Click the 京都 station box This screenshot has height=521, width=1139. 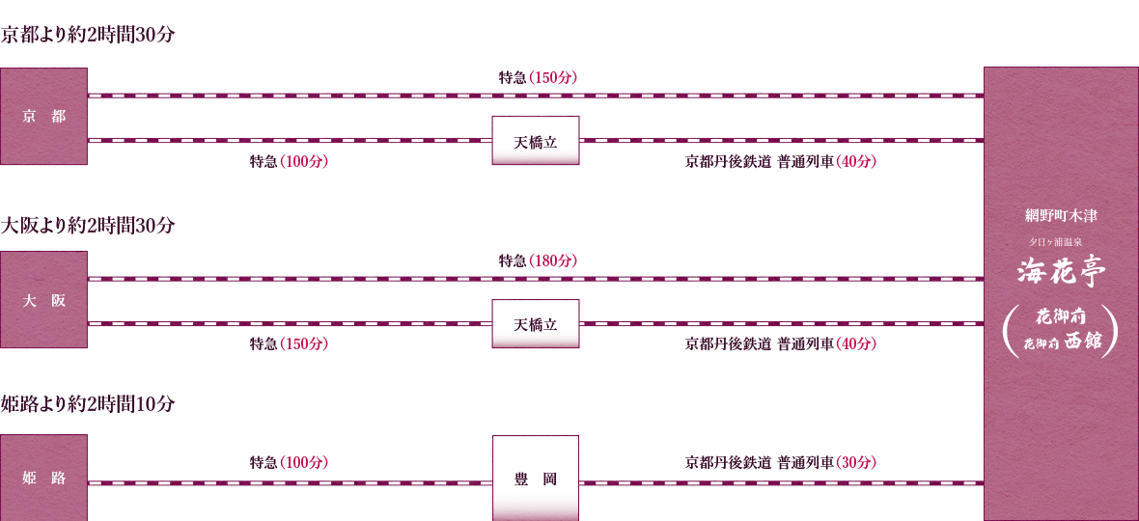click(43, 116)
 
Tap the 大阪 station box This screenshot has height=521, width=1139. click(43, 300)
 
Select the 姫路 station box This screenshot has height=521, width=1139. click(43, 478)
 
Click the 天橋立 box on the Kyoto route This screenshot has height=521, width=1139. click(536, 141)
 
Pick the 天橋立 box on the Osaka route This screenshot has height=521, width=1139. click(536, 324)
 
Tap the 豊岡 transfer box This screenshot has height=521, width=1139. click(536, 479)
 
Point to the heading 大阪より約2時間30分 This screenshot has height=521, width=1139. click(88, 226)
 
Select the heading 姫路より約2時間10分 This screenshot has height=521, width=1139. click(88, 404)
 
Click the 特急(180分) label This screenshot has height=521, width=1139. click(538, 260)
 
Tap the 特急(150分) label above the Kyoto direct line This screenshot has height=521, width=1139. click(538, 77)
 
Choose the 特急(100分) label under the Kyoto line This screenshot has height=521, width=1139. click(290, 162)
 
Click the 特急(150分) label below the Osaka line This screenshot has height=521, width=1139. click(290, 344)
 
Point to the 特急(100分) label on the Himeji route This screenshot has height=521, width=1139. click(290, 461)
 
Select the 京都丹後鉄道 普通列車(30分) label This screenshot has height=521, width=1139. click(781, 461)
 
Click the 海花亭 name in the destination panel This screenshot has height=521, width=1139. click(1061, 273)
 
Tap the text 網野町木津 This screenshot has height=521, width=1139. click(1061, 215)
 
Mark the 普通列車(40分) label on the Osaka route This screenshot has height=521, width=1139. click(826, 344)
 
